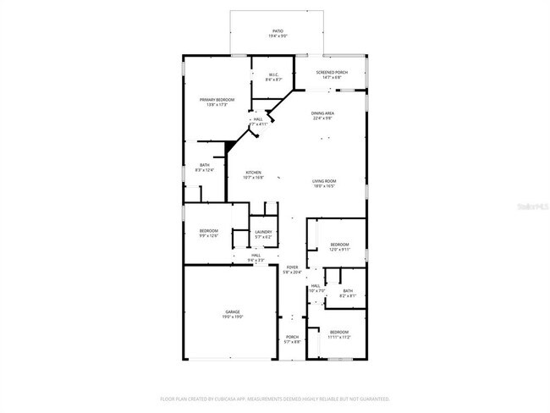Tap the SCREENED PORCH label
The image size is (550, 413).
332,73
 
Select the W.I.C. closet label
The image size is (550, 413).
274,74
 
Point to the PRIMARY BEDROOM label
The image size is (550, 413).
217,100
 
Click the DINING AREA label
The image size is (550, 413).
323,113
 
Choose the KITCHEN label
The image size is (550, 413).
254,173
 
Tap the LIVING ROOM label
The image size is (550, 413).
325,181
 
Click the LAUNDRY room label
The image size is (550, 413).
263,232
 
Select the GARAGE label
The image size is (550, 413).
233,312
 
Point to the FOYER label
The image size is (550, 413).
292,267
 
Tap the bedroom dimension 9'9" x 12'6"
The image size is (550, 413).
209,236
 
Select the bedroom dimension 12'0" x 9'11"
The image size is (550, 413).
339,250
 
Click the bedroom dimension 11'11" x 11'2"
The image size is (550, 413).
339,336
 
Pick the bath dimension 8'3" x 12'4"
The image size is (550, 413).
205,170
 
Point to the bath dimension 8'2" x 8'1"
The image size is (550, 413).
348,295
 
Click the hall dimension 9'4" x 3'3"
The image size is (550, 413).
256,259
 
